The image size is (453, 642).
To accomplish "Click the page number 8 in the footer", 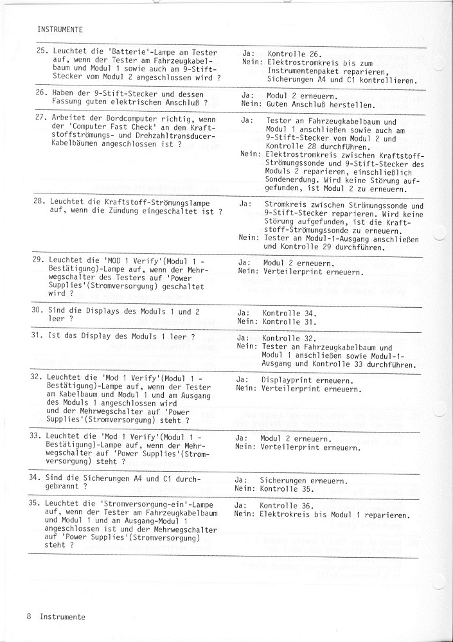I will pyautogui.click(x=30, y=616).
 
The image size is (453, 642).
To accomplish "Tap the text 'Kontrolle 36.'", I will pyautogui.click(x=288, y=506).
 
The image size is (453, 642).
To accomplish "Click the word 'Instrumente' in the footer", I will pyautogui.click(x=62, y=616).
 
